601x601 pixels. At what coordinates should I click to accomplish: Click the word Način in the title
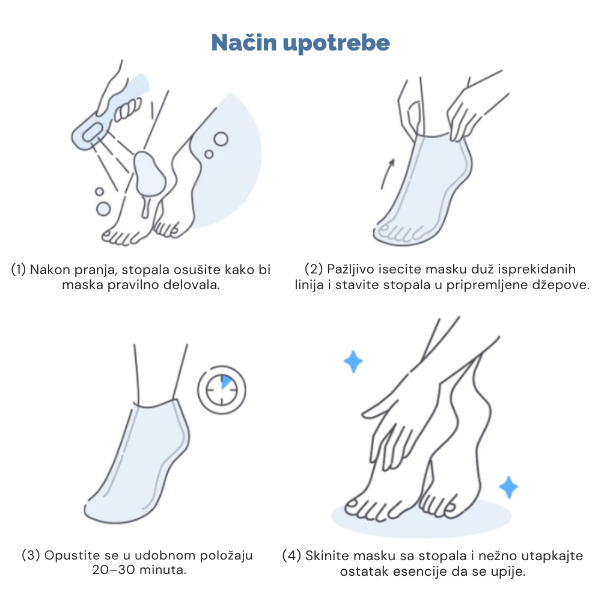click(244, 42)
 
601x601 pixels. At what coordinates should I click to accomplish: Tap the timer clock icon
click(222, 390)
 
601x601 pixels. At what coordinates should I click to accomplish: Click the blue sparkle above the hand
click(353, 361)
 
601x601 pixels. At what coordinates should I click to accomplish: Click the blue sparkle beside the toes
click(508, 487)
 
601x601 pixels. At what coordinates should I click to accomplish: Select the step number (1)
click(19, 269)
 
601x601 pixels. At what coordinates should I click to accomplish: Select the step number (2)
click(314, 269)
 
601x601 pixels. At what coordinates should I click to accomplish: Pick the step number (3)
click(31, 555)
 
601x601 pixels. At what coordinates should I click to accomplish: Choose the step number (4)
click(291, 555)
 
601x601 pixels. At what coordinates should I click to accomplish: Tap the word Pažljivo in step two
click(350, 269)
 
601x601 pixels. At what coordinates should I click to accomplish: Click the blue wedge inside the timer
click(227, 382)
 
